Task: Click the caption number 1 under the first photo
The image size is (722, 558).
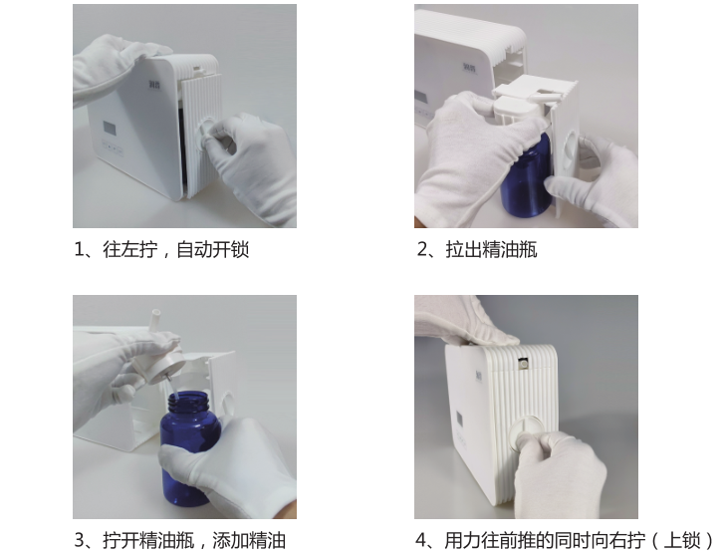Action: point(80,250)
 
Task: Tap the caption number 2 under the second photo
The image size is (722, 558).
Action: point(422,250)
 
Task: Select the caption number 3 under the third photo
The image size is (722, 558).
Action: point(80,540)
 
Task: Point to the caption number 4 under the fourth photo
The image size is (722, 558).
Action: point(421,540)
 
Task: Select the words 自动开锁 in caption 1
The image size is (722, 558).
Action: point(213,250)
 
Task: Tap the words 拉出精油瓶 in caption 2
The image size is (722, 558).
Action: point(491,250)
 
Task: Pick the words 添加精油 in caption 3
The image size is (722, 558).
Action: point(249,540)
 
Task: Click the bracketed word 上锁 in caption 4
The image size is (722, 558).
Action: point(682,540)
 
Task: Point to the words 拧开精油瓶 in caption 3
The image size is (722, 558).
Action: point(148,540)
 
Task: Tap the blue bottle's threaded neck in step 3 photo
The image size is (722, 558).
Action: point(189,400)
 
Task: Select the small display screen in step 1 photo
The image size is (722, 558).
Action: point(110,129)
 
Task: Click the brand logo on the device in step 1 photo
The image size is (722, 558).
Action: point(154,85)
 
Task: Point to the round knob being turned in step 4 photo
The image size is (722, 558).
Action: point(526,431)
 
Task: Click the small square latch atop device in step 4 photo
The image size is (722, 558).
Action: point(523,364)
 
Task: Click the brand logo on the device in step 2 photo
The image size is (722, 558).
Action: point(470,68)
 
